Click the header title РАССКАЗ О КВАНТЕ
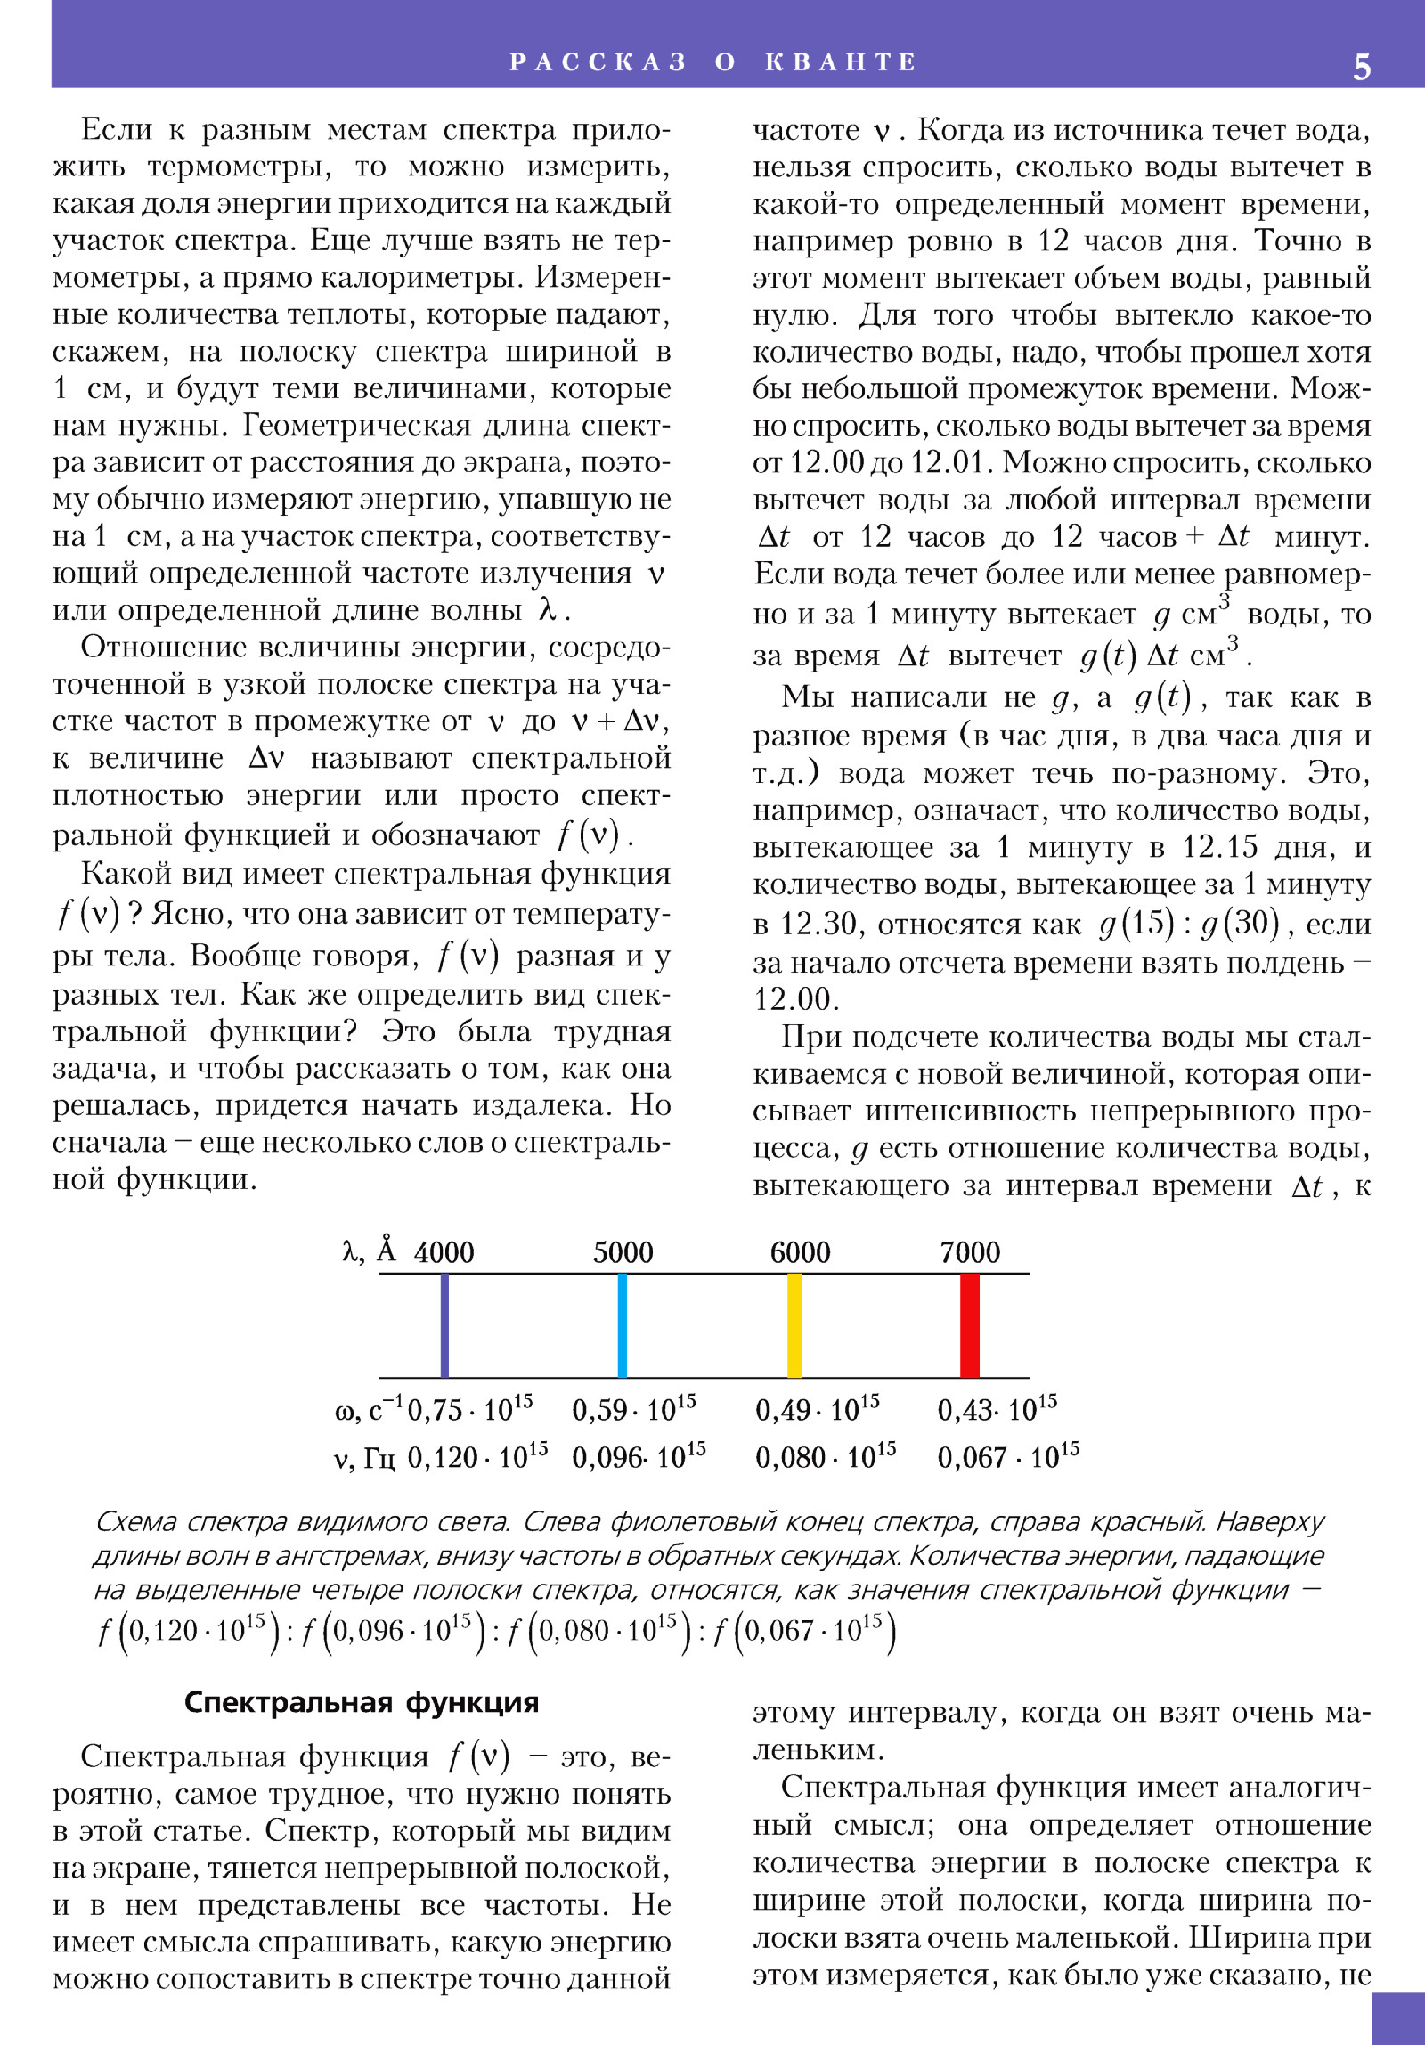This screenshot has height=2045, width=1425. click(712, 61)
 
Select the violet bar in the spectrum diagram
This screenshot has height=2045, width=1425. click(444, 1325)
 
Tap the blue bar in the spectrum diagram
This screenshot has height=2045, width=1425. click(622, 1325)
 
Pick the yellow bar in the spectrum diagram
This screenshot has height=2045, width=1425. click(794, 1325)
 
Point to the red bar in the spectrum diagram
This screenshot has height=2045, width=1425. click(970, 1325)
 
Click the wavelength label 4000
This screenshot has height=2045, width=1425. click(444, 1252)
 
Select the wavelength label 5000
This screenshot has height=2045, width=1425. click(623, 1252)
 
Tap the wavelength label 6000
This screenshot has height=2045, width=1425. click(800, 1252)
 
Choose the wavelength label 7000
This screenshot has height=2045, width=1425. click(970, 1252)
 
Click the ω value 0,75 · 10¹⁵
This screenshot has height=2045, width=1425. click(469, 1409)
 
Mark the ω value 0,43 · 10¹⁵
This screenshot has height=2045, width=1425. click(997, 1409)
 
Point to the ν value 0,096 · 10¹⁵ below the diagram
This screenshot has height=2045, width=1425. click(639, 1457)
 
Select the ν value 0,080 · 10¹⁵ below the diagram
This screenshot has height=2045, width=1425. click(826, 1457)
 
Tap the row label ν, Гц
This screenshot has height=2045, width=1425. click(363, 1459)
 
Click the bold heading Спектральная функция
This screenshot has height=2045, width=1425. click(362, 1702)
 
